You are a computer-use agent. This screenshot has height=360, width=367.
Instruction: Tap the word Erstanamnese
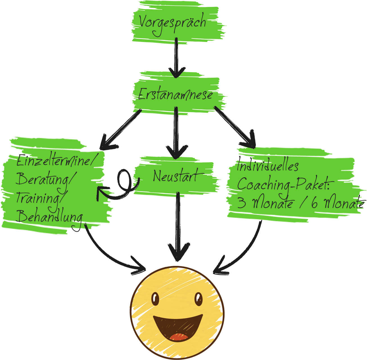(175, 94)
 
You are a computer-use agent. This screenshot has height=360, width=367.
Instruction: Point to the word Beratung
(44, 179)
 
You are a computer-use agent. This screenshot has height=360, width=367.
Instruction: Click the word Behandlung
(49, 217)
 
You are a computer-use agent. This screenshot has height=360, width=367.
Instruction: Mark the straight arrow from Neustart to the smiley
(178, 225)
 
